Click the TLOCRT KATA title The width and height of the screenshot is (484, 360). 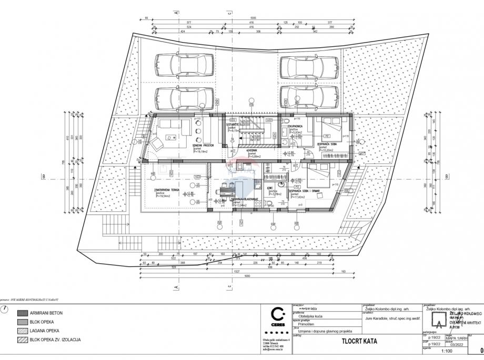(x=360, y=341)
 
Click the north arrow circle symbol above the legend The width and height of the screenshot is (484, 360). (x=5, y=308)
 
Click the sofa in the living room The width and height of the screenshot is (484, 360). (x=175, y=125)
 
